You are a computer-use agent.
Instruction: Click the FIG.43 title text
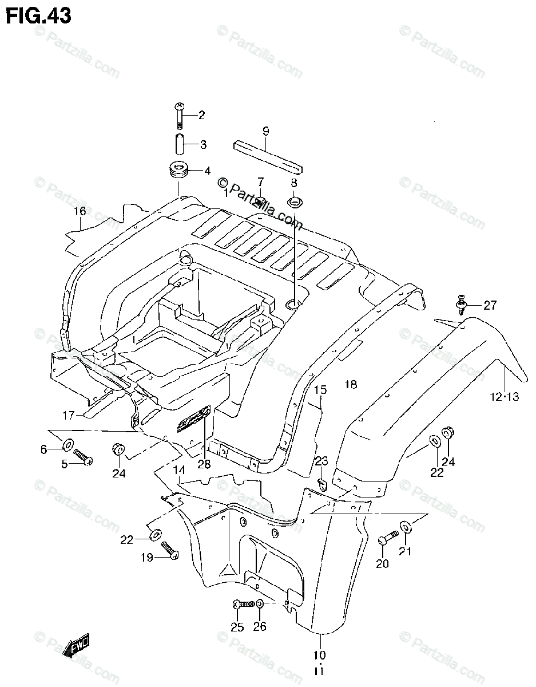pos(39,15)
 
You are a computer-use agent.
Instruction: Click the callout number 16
pos(79,211)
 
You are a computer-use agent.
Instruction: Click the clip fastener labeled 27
pos(461,304)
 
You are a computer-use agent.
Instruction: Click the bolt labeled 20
pos(387,539)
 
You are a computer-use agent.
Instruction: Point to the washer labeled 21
pos(405,526)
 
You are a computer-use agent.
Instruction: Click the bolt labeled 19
pos(170,550)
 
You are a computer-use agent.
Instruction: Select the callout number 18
pos(351,384)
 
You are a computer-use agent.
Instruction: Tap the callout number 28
pos(204,464)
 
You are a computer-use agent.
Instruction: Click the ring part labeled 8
pos(295,202)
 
